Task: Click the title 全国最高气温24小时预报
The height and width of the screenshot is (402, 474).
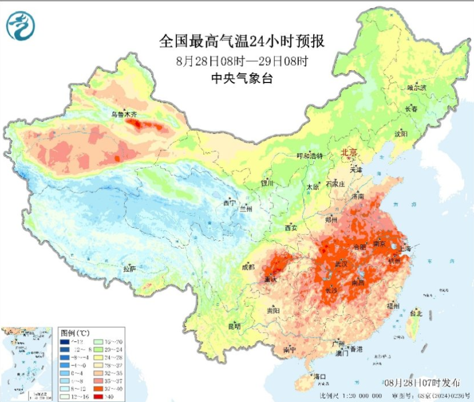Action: click(242, 41)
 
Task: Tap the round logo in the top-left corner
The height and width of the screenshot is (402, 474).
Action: click(21, 25)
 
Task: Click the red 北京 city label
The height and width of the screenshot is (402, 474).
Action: click(349, 153)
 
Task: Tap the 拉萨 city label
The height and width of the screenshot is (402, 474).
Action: click(130, 268)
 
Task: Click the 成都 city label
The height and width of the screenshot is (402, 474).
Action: click(248, 266)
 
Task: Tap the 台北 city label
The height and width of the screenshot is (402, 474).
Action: click(416, 313)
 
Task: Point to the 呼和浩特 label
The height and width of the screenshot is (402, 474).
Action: click(310, 156)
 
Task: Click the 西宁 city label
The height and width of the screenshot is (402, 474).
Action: click(230, 203)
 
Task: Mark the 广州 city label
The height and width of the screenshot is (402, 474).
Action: click(338, 344)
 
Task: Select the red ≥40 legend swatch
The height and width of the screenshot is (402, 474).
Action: click(97, 396)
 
